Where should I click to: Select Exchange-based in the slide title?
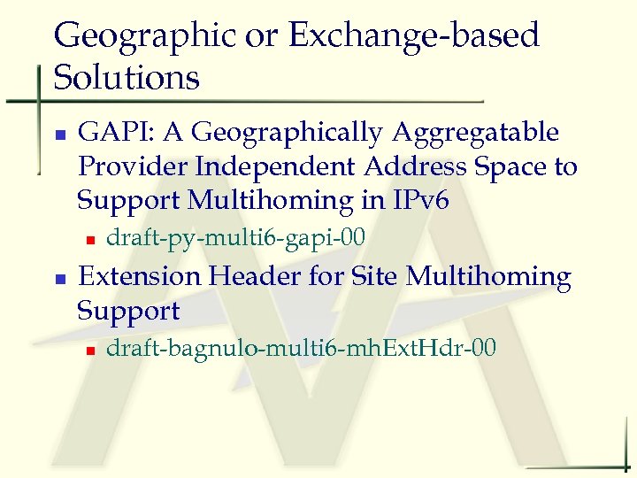414,36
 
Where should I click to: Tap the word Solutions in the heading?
127,78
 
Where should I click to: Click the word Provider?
133,166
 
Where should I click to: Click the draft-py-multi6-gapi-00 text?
235,238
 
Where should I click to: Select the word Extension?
140,277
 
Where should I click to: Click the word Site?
375,277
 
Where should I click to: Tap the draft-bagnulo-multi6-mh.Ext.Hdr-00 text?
301,348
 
